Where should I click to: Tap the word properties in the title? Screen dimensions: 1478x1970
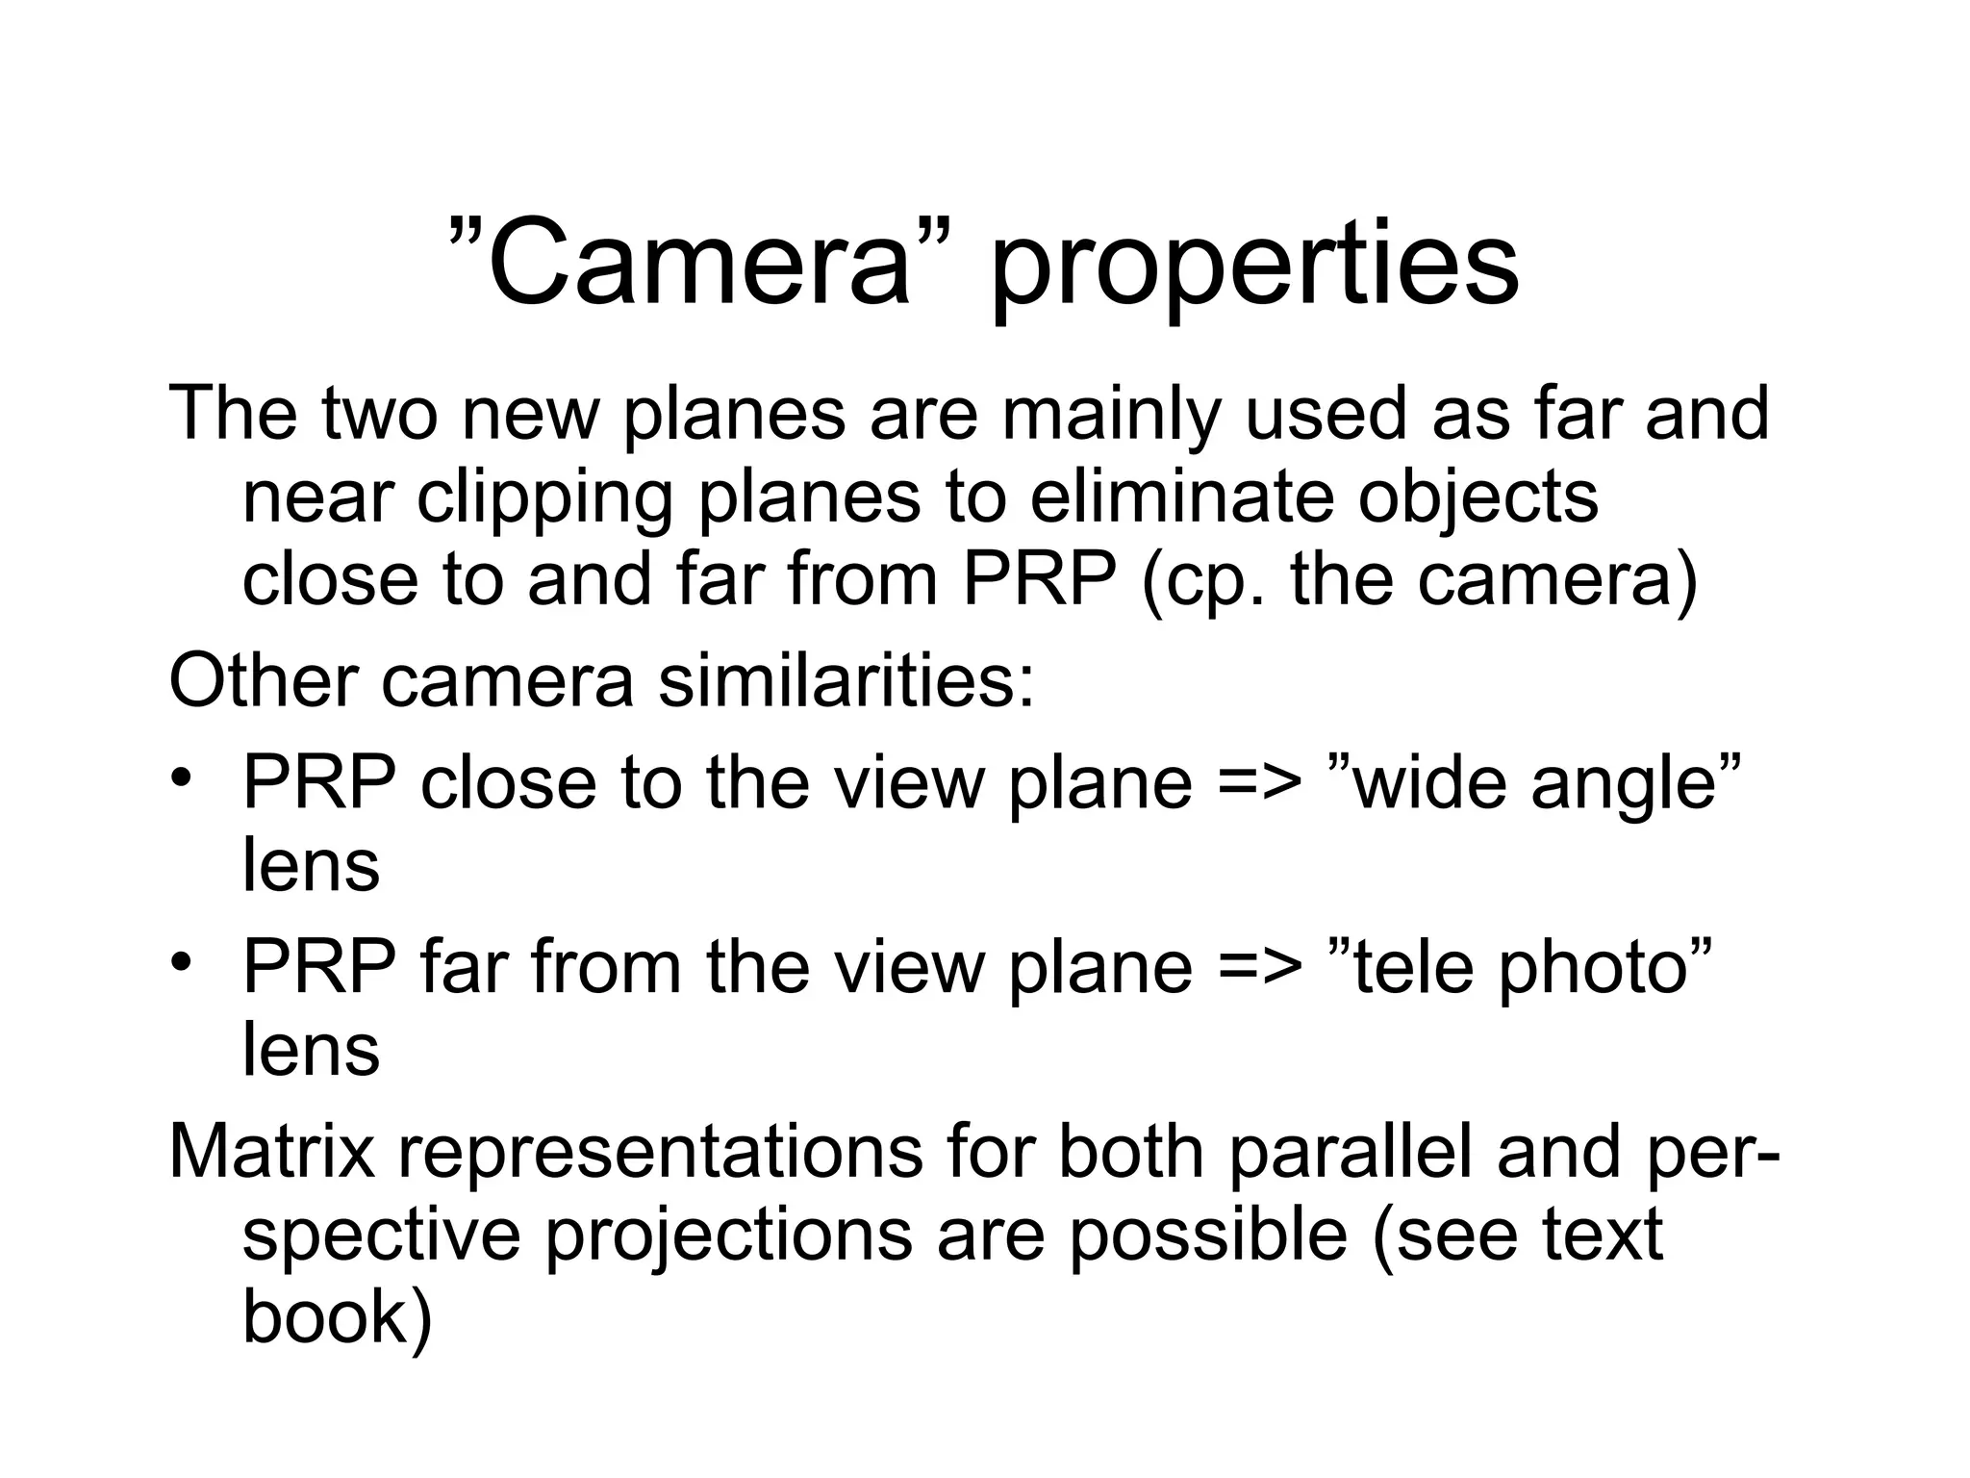(1253, 266)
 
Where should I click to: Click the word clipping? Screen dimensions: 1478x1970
(543, 498)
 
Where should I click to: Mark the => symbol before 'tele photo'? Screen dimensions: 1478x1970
(1260, 967)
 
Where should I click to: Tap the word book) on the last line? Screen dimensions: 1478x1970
(338, 1317)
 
